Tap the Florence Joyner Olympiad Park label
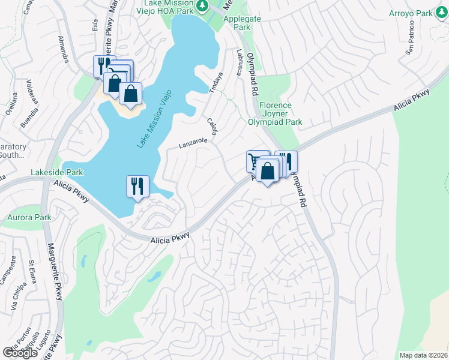[275, 113]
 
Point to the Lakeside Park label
[57, 173]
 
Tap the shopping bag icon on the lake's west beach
[130, 93]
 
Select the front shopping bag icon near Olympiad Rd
[268, 170]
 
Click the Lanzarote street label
[192, 143]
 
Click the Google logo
[19, 352]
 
